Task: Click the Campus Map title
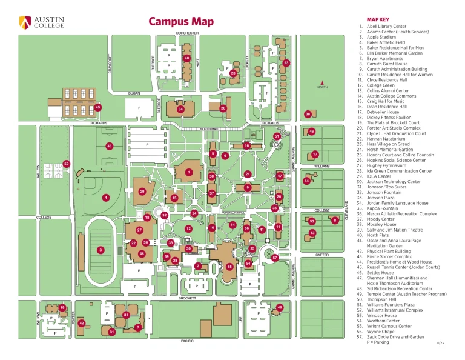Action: (x=182, y=22)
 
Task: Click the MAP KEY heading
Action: (x=378, y=19)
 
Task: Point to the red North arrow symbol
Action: (x=323, y=82)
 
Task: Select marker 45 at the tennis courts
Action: (x=97, y=107)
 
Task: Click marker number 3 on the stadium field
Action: (x=101, y=250)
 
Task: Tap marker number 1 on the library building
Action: (x=189, y=172)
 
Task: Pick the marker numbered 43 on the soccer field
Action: (x=110, y=146)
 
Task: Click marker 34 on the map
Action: (x=180, y=109)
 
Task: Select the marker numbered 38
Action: (x=308, y=114)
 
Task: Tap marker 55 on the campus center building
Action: (x=229, y=267)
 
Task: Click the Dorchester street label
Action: (x=187, y=33)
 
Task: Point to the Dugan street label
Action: (x=134, y=93)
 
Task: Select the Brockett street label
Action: (x=187, y=298)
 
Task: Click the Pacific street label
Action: (x=187, y=342)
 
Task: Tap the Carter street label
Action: (x=322, y=255)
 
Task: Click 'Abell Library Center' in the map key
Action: (x=390, y=27)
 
